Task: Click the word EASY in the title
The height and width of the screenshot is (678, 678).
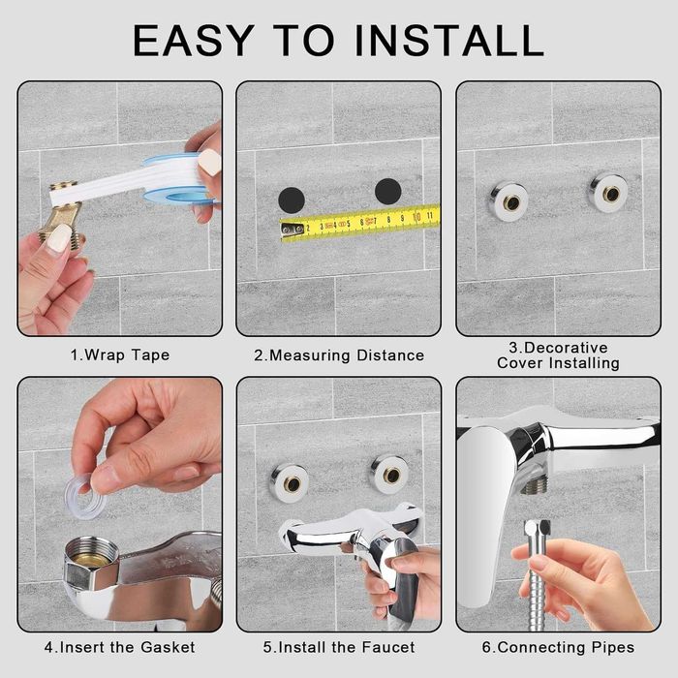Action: [x=194, y=41]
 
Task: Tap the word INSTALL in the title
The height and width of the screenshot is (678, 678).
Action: [x=449, y=41]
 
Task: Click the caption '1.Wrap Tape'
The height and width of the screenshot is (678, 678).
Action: [x=120, y=355]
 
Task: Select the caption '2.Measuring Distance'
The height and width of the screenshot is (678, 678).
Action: [x=339, y=355]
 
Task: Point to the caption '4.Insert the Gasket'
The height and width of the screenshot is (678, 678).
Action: [x=120, y=647]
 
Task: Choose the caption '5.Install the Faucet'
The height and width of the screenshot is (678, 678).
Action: [x=339, y=647]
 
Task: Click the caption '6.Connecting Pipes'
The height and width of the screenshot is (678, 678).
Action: [x=558, y=647]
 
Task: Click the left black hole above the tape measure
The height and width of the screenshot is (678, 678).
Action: [x=292, y=200]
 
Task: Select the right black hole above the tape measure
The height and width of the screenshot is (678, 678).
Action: [x=387, y=192]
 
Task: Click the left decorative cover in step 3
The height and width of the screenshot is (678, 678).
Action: [x=509, y=201]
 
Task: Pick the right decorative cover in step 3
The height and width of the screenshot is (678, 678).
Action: [x=609, y=193]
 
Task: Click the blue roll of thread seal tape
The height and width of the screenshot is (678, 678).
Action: [x=177, y=178]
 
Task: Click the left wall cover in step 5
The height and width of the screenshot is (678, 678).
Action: [x=290, y=483]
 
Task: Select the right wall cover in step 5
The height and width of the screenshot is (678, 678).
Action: [x=390, y=475]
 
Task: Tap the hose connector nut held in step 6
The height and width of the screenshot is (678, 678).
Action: [x=537, y=533]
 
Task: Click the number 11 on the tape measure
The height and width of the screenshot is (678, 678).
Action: [x=429, y=215]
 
